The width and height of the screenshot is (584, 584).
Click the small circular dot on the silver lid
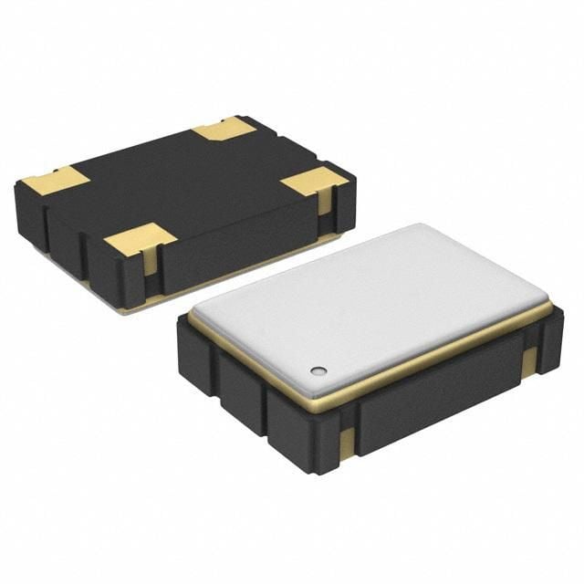click(318, 370)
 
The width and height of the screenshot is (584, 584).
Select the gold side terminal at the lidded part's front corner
click(347, 443)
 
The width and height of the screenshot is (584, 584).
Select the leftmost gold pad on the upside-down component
click(55, 181)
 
